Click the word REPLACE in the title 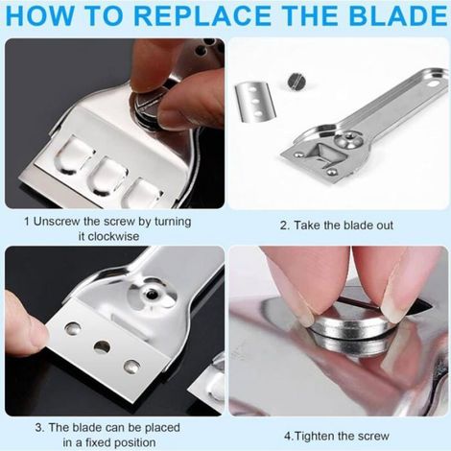(204, 15)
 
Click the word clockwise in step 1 (108, 237)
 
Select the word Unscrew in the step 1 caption (57, 222)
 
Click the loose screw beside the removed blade (297, 81)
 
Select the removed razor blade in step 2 (255, 102)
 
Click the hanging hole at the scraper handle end (434, 84)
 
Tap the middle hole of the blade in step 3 (102, 346)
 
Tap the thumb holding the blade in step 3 (26, 323)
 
